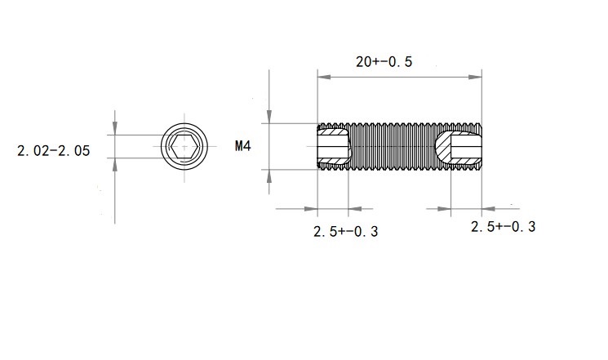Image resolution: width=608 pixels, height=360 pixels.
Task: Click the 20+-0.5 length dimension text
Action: pos(384,62)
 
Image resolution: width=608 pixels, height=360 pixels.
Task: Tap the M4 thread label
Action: pos(243,146)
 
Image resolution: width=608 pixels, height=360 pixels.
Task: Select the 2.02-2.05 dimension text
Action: pos(54,150)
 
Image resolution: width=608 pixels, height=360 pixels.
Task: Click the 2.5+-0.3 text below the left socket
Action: pos(345,232)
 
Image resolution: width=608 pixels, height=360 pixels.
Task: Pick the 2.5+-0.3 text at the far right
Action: pos(504,227)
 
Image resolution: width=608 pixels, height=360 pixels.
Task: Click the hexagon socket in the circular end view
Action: pos(184,147)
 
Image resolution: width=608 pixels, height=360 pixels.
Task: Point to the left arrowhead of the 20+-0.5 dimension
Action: pos(324,78)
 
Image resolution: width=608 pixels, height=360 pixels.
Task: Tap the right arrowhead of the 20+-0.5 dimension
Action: pos(475,78)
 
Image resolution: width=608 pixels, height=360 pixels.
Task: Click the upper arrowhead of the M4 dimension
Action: pos(269,117)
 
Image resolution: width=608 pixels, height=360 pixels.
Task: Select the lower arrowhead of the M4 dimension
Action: pos(269,176)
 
